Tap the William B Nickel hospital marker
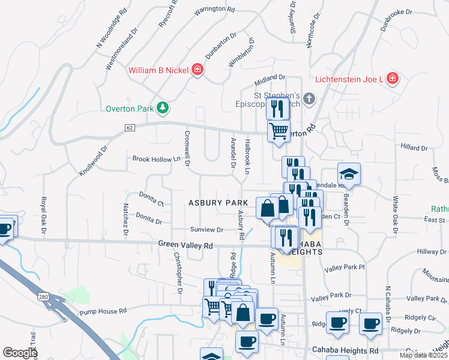pos(196,71)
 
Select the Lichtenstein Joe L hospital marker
pos(392,79)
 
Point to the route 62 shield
pos(129,128)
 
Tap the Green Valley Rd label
pos(185,245)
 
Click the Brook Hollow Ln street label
pos(156,159)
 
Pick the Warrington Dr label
pos(214,10)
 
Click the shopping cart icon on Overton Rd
pos(278,131)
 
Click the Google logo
pos(20,353)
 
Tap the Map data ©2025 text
pos(423,355)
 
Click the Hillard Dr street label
pos(412,146)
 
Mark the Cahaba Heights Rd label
pos(345,350)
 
